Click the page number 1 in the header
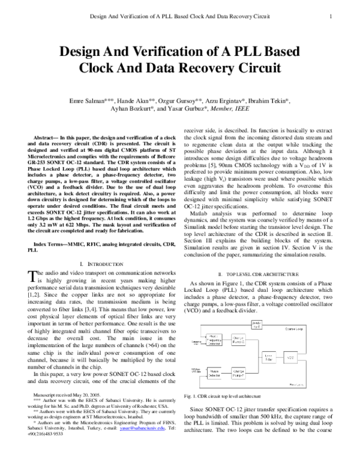tap(331, 17)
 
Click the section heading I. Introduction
tap(98, 264)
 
